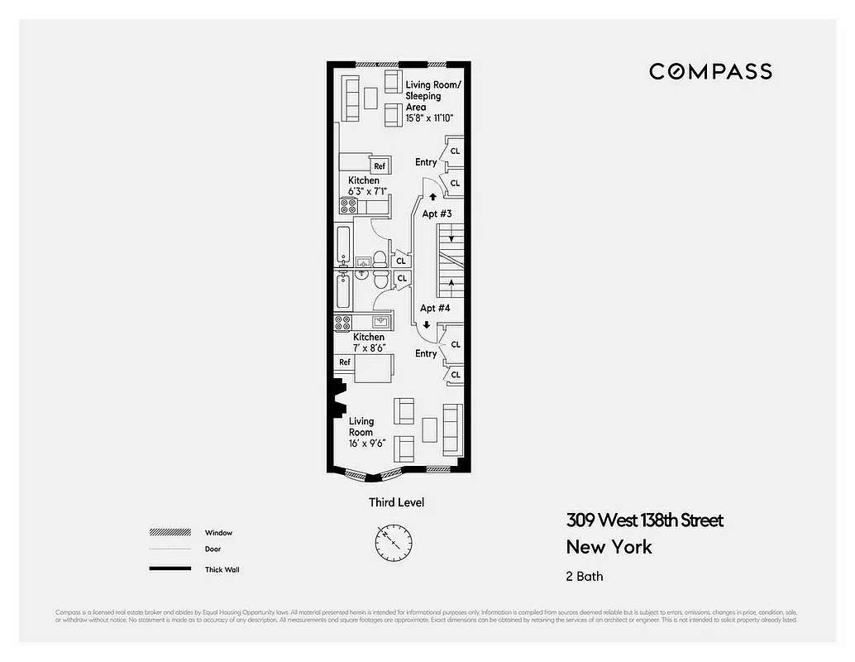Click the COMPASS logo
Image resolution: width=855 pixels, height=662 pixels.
710,71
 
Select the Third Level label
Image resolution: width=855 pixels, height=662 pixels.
396,502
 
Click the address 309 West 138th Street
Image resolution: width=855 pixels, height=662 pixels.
644,520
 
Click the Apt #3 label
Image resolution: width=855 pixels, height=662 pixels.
437,214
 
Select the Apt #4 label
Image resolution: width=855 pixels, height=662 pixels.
435,309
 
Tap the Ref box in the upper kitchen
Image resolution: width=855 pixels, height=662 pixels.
380,166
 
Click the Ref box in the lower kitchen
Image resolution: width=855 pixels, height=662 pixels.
345,362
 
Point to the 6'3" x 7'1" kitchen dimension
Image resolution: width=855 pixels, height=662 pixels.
364,191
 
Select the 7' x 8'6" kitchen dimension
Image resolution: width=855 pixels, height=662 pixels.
369,348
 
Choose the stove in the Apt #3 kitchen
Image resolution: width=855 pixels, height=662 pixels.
347,204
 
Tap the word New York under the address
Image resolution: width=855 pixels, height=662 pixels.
609,547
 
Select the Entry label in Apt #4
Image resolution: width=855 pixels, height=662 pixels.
426,354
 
